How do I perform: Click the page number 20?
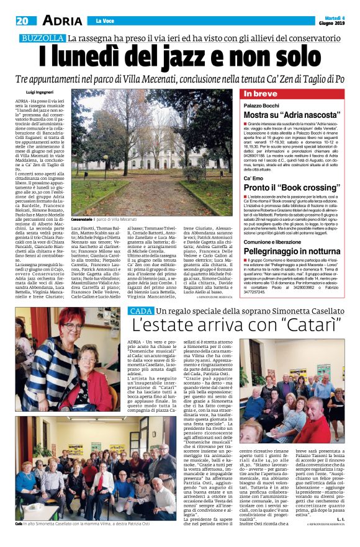(x=22, y=20)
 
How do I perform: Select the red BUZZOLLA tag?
(x=42, y=39)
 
